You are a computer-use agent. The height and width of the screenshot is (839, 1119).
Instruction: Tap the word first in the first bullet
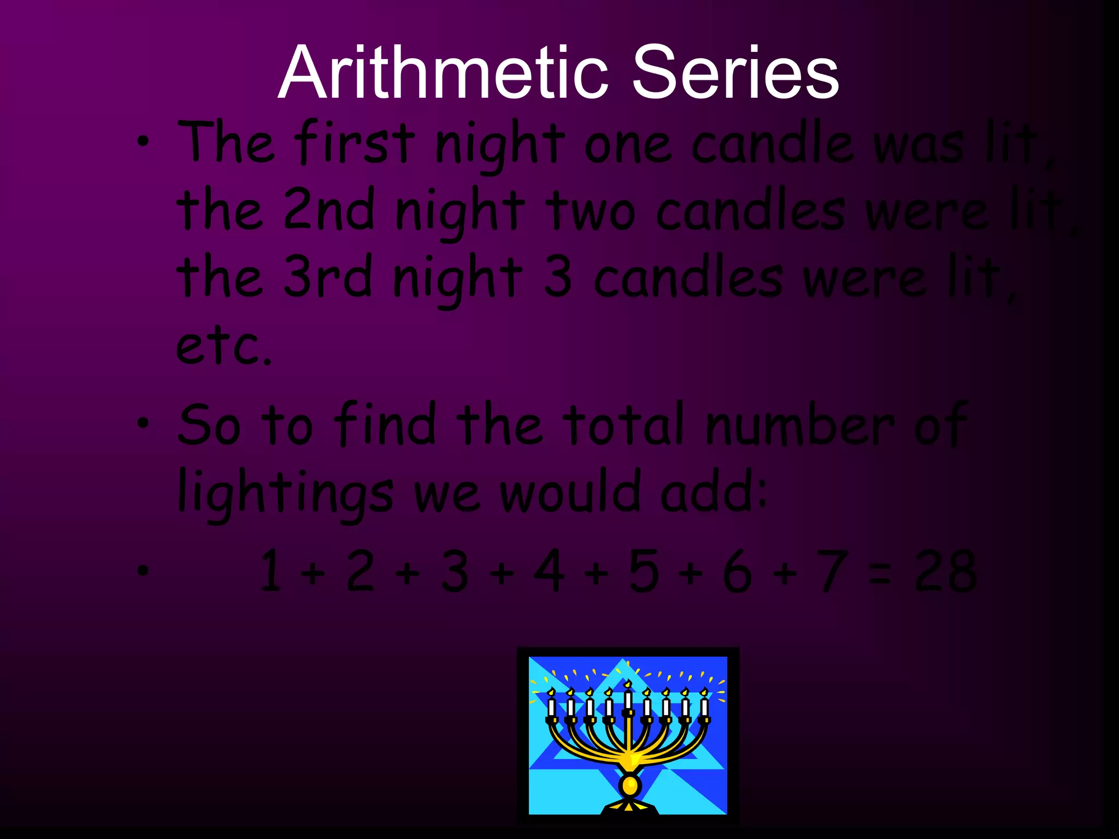(x=355, y=143)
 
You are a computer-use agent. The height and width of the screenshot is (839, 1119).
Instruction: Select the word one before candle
(x=628, y=145)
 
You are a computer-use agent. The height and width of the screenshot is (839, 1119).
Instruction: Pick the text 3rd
(x=328, y=277)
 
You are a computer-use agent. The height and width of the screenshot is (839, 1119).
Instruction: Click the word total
(x=624, y=425)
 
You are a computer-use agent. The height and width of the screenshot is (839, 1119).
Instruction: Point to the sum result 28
(x=946, y=571)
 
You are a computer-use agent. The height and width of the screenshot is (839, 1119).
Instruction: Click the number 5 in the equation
(x=643, y=571)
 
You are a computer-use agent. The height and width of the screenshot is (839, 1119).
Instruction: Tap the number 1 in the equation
(x=272, y=571)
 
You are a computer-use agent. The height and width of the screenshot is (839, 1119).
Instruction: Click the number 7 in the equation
(x=832, y=571)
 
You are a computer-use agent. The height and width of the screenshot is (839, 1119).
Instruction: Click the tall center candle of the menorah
(x=628, y=699)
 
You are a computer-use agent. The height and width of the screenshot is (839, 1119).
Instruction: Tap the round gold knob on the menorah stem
(x=629, y=785)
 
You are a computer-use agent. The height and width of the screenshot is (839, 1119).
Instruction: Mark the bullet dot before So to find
(x=143, y=423)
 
